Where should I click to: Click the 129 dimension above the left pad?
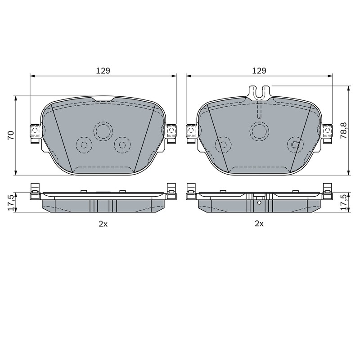[x=103, y=71]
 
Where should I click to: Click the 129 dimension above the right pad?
[x=259, y=71]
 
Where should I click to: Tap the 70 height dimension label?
[x=11, y=135]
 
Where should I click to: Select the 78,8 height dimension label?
[x=344, y=130]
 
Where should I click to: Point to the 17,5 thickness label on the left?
[x=11, y=202]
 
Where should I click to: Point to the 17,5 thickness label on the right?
[x=344, y=202]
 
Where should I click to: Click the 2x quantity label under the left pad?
[x=103, y=224]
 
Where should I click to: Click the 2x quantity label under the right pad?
[x=259, y=224]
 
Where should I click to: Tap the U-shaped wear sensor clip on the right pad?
[x=259, y=93]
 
